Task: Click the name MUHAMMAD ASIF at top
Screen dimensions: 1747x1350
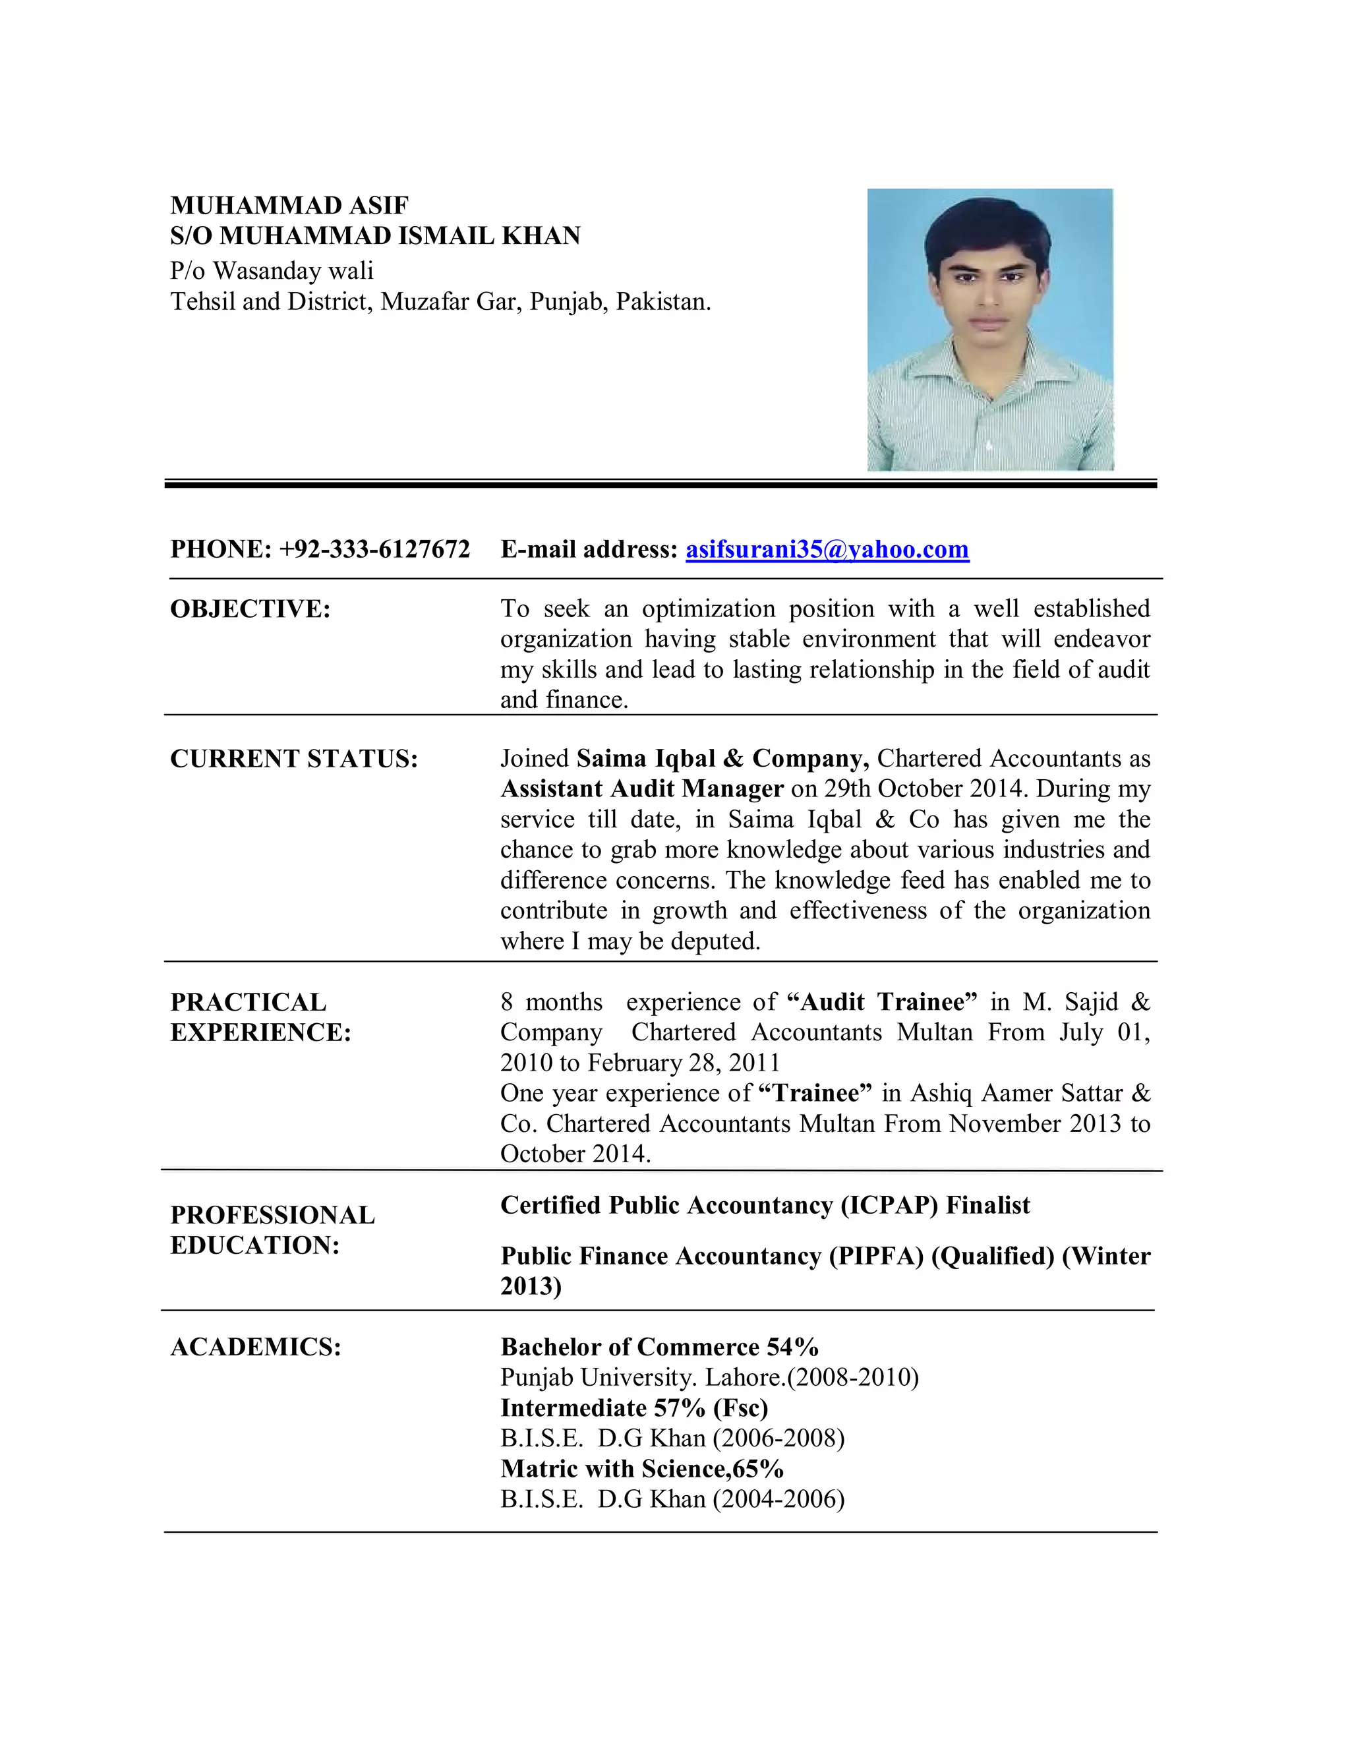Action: (x=289, y=206)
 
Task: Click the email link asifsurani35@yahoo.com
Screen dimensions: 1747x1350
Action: (x=827, y=550)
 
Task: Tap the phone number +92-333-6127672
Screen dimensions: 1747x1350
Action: (x=374, y=550)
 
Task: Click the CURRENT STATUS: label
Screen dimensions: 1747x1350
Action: (x=293, y=758)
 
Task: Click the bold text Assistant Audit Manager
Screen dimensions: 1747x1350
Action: (x=642, y=788)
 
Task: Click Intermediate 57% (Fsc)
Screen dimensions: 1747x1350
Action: (x=634, y=1408)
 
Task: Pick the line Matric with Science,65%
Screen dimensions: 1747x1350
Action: (x=641, y=1469)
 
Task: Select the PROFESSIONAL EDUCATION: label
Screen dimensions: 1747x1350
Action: (x=272, y=1230)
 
